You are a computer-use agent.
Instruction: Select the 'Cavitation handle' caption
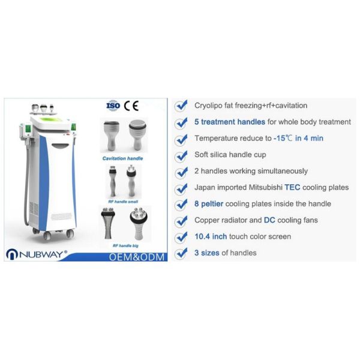(122, 159)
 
